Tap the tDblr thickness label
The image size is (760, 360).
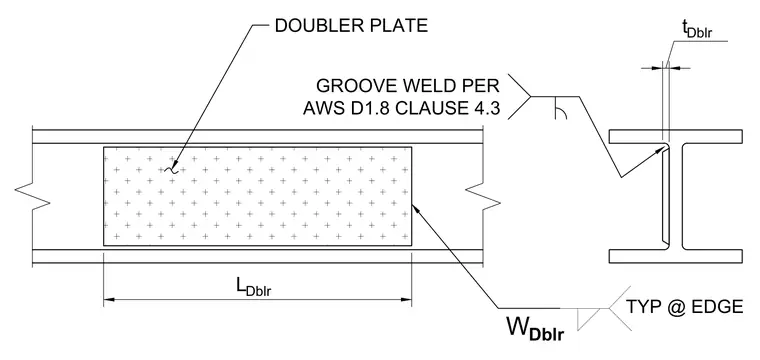click(x=698, y=30)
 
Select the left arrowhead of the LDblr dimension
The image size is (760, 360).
click(x=110, y=300)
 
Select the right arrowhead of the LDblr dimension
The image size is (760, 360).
click(x=406, y=300)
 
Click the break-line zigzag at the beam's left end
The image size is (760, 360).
click(x=33, y=197)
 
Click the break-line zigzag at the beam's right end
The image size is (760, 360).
click(x=483, y=197)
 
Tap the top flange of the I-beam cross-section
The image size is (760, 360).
click(x=676, y=137)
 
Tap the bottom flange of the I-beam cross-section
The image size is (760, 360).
click(x=676, y=256)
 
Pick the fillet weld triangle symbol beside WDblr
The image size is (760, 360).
click(x=588, y=318)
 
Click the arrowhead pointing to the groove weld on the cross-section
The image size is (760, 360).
click(x=659, y=152)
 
